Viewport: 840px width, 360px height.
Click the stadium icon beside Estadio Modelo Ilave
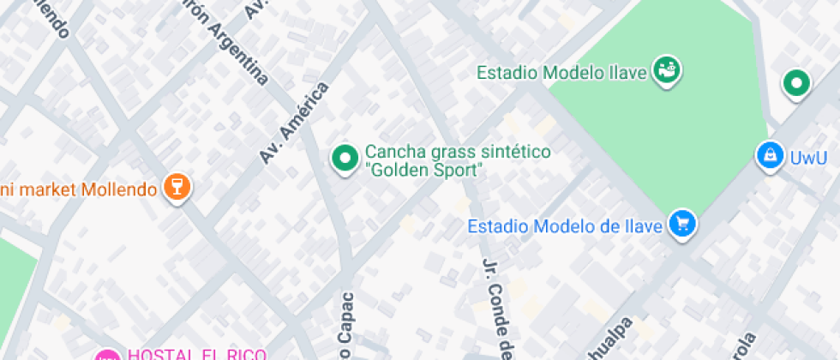click(x=666, y=72)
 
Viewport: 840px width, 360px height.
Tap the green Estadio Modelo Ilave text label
click(x=561, y=73)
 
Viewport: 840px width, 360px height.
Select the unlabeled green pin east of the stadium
click(x=797, y=84)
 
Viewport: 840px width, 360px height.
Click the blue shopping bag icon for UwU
click(x=770, y=156)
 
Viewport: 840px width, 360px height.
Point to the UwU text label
click(x=808, y=158)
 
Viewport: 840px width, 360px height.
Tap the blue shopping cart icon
click(x=683, y=225)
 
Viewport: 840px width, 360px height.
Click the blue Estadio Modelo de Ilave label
click(x=566, y=227)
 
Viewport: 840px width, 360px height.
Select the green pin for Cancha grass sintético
click(x=345, y=158)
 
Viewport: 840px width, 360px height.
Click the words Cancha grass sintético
click(x=458, y=152)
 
